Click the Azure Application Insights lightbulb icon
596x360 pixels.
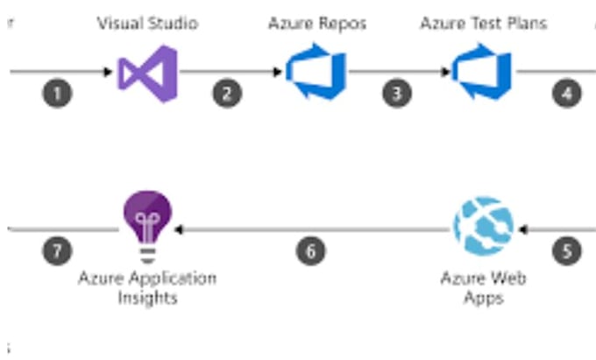[x=146, y=227]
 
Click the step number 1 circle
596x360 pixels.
[x=57, y=93]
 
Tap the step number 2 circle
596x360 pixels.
[x=227, y=93]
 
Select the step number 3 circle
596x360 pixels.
[x=396, y=93]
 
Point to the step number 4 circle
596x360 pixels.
[x=567, y=93]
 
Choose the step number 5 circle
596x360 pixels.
[x=567, y=251]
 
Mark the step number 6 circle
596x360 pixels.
[x=310, y=251]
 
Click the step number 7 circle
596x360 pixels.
[x=57, y=251]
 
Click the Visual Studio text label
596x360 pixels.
[x=146, y=23]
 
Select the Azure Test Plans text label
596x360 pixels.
[x=483, y=23]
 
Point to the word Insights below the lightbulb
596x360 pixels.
[x=147, y=298]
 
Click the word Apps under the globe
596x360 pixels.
[x=483, y=298]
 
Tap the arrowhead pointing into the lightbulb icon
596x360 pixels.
[x=178, y=229]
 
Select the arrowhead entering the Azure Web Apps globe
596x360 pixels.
[x=521, y=229]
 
